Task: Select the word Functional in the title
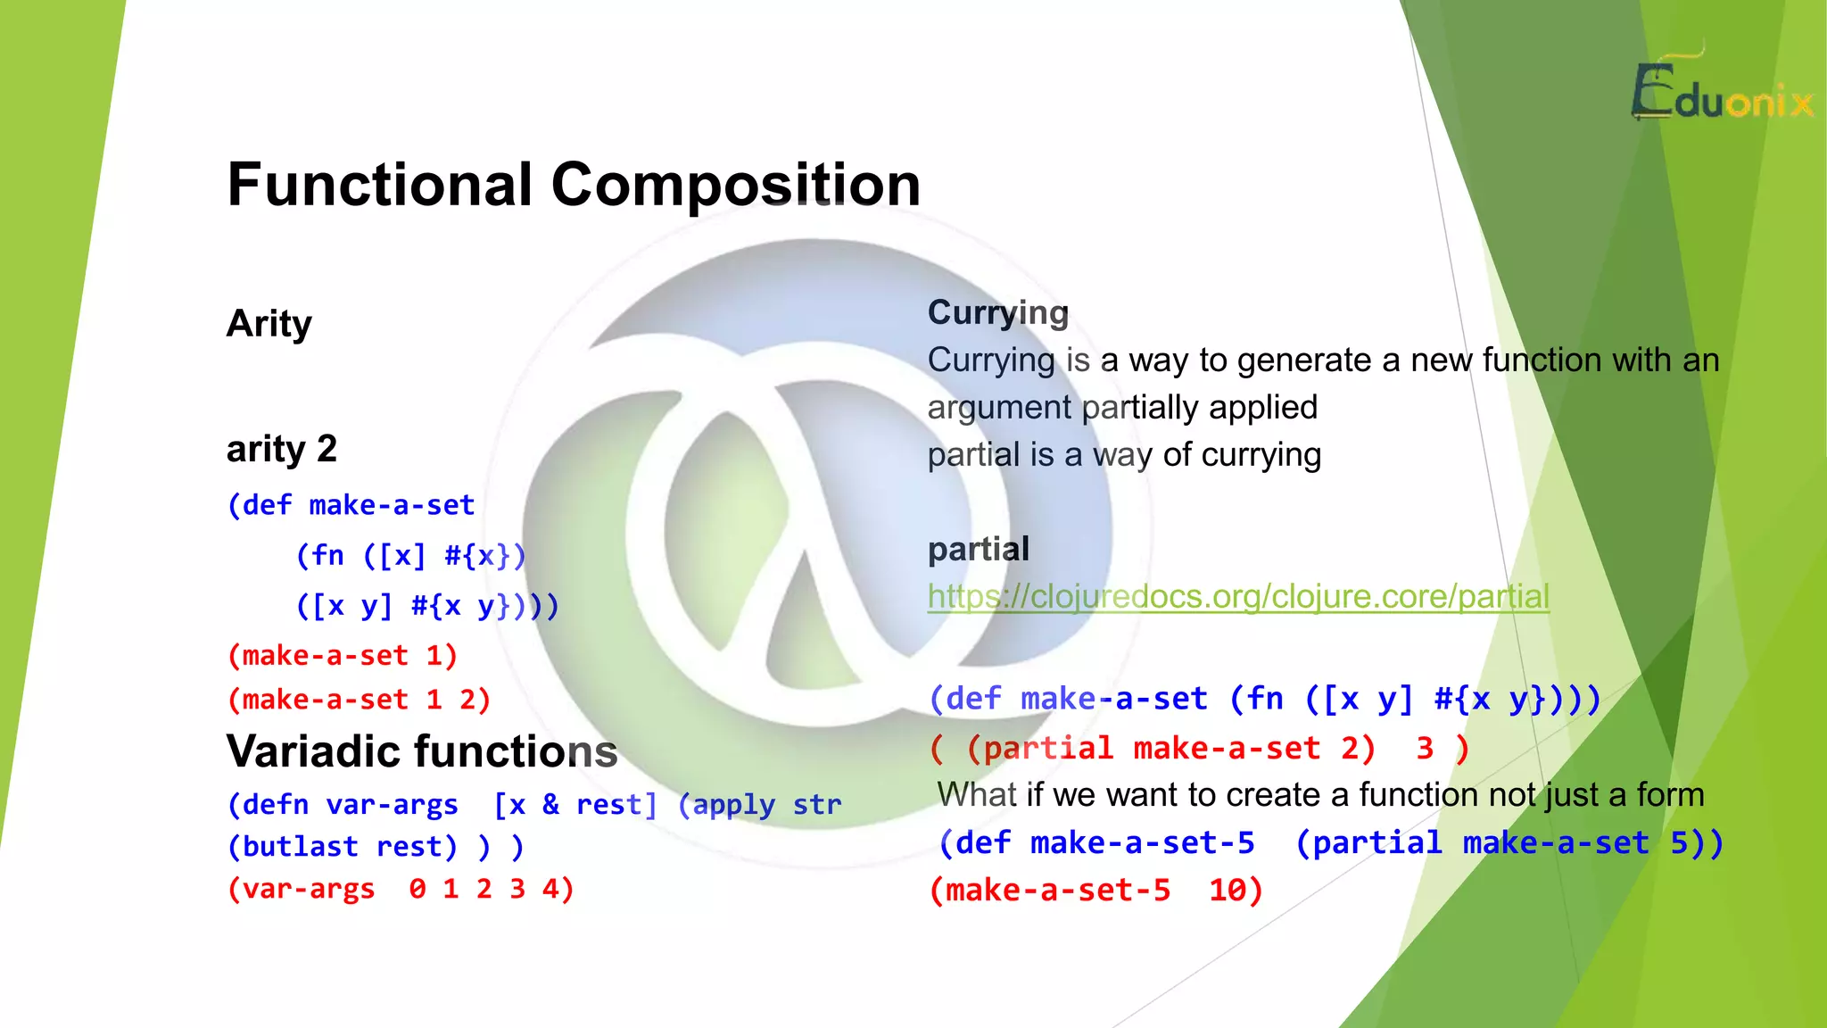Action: [380, 185]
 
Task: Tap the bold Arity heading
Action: [269, 323]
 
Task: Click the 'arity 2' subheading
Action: [281, 449]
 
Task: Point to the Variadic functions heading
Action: [421, 751]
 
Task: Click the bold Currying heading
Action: [997, 312]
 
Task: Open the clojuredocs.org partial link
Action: [1237, 596]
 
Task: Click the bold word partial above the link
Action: [978, 549]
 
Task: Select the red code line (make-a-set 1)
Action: [343, 656]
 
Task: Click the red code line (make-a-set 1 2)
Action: [359, 700]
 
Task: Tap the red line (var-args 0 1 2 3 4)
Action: [401, 889]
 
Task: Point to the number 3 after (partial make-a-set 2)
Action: [1425, 748]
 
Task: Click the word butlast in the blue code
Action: [300, 846]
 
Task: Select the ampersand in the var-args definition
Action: [551, 805]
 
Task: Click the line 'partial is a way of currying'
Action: [1124, 455]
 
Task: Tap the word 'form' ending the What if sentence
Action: [1670, 794]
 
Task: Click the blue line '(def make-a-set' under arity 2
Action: [351, 505]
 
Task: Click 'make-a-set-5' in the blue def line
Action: [1142, 842]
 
